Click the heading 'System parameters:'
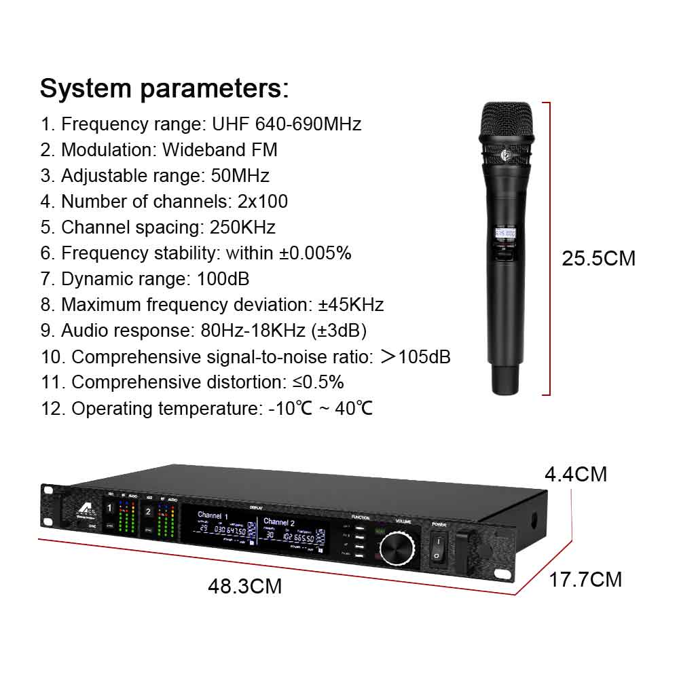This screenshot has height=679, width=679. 164,88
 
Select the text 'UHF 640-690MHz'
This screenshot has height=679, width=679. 287,124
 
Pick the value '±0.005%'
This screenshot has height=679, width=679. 315,253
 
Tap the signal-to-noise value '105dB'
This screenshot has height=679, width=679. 424,356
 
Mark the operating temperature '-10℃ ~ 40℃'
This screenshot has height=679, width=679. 320,408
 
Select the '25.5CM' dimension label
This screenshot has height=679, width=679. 598,259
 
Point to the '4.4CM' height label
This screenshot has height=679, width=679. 576,474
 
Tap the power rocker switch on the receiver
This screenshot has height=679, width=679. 437,548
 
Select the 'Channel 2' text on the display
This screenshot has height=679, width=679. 279,523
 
